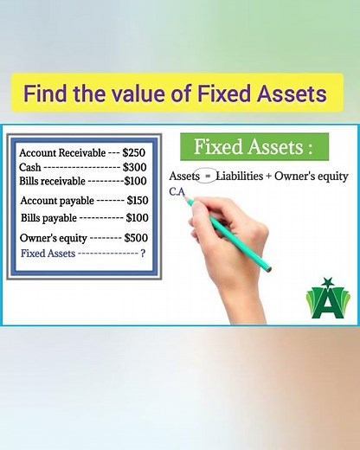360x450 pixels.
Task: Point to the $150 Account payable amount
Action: (x=139, y=201)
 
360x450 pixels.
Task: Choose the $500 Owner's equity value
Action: (x=138, y=237)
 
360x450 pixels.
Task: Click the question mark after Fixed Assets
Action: (x=142, y=254)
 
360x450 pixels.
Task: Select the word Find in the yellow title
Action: (x=45, y=93)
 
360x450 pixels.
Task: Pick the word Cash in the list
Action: (x=30, y=167)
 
